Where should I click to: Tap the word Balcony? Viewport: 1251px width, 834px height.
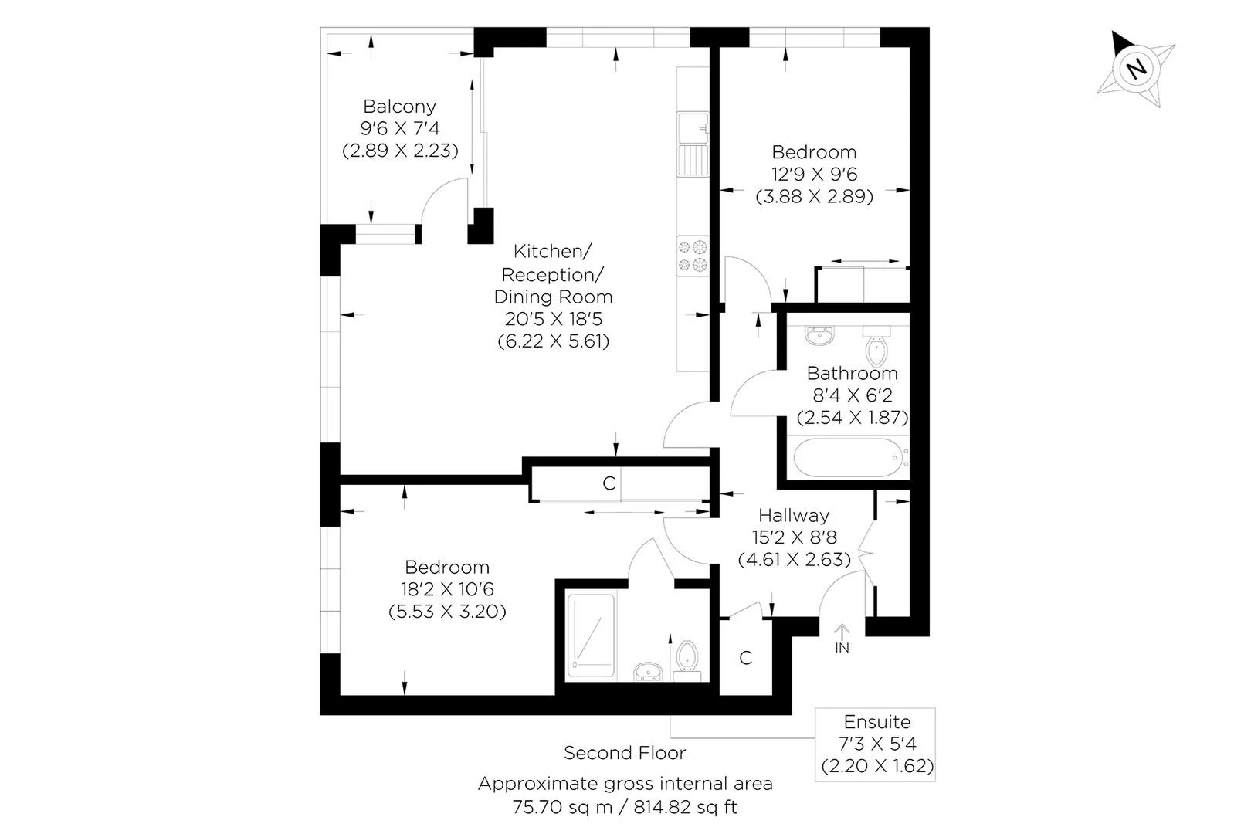[399, 106]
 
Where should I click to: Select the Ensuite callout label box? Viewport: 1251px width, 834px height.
[875, 744]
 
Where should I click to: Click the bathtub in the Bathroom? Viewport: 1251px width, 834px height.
[849, 457]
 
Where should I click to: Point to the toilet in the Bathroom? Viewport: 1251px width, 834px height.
[876, 346]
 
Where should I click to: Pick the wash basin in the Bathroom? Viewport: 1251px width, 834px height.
[819, 335]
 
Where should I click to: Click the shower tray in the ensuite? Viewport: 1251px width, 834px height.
[591, 636]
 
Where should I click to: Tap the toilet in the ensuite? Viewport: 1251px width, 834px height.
[687, 661]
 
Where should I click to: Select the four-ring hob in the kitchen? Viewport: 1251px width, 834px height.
[693, 256]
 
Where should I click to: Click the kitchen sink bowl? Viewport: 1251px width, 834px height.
[693, 128]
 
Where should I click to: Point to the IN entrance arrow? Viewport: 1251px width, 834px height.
[842, 631]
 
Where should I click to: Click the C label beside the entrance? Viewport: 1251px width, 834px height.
[745, 658]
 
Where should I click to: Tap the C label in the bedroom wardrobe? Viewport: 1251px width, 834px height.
[609, 483]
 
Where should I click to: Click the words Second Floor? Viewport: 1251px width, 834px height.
[625, 753]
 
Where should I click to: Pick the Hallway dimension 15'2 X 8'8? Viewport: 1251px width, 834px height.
[794, 537]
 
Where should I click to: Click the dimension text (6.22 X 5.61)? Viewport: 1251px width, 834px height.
[554, 341]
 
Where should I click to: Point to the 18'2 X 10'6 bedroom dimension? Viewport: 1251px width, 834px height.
[447, 588]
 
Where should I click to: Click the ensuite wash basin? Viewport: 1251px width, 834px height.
[648, 671]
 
